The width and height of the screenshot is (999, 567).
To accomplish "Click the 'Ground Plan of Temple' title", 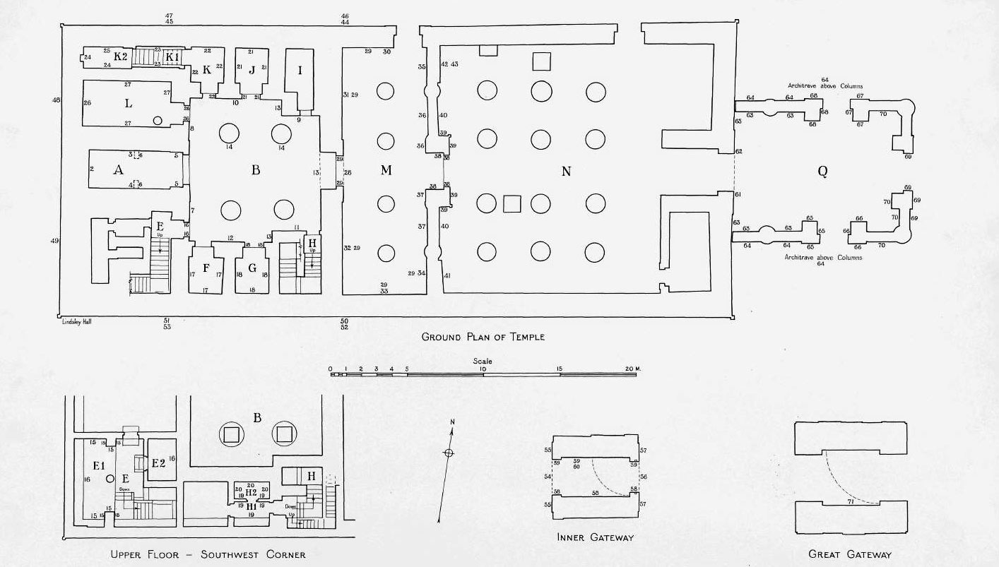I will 483,337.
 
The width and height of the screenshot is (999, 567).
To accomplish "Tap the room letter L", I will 128,104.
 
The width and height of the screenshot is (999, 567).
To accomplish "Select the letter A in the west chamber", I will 118,169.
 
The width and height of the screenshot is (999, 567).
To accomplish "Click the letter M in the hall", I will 386,170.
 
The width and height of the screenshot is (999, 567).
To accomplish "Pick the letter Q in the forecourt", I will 822,171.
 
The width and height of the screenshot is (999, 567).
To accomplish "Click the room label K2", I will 119,56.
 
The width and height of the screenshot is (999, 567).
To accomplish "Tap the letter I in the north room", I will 300,70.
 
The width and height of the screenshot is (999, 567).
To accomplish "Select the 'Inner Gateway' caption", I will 595,537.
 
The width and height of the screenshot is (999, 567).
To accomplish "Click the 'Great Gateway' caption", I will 850,554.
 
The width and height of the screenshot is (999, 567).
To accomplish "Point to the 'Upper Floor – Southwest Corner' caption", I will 208,554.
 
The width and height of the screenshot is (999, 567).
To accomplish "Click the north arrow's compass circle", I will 448,453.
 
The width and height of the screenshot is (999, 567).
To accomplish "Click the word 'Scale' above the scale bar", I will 483,361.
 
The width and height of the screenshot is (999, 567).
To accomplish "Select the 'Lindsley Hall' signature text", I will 77,321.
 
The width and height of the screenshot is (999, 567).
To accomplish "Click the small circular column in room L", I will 158,121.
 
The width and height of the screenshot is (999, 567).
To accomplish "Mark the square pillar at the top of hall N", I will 541,61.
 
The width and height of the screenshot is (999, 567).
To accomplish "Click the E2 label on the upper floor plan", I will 158,462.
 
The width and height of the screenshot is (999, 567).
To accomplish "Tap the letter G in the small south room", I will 252,268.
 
